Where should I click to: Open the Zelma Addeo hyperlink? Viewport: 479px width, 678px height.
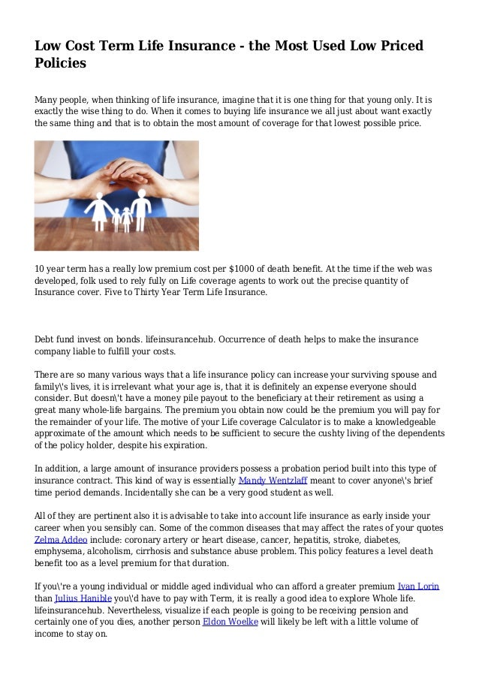[x=60, y=540]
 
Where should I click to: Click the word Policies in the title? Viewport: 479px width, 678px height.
[x=61, y=64]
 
